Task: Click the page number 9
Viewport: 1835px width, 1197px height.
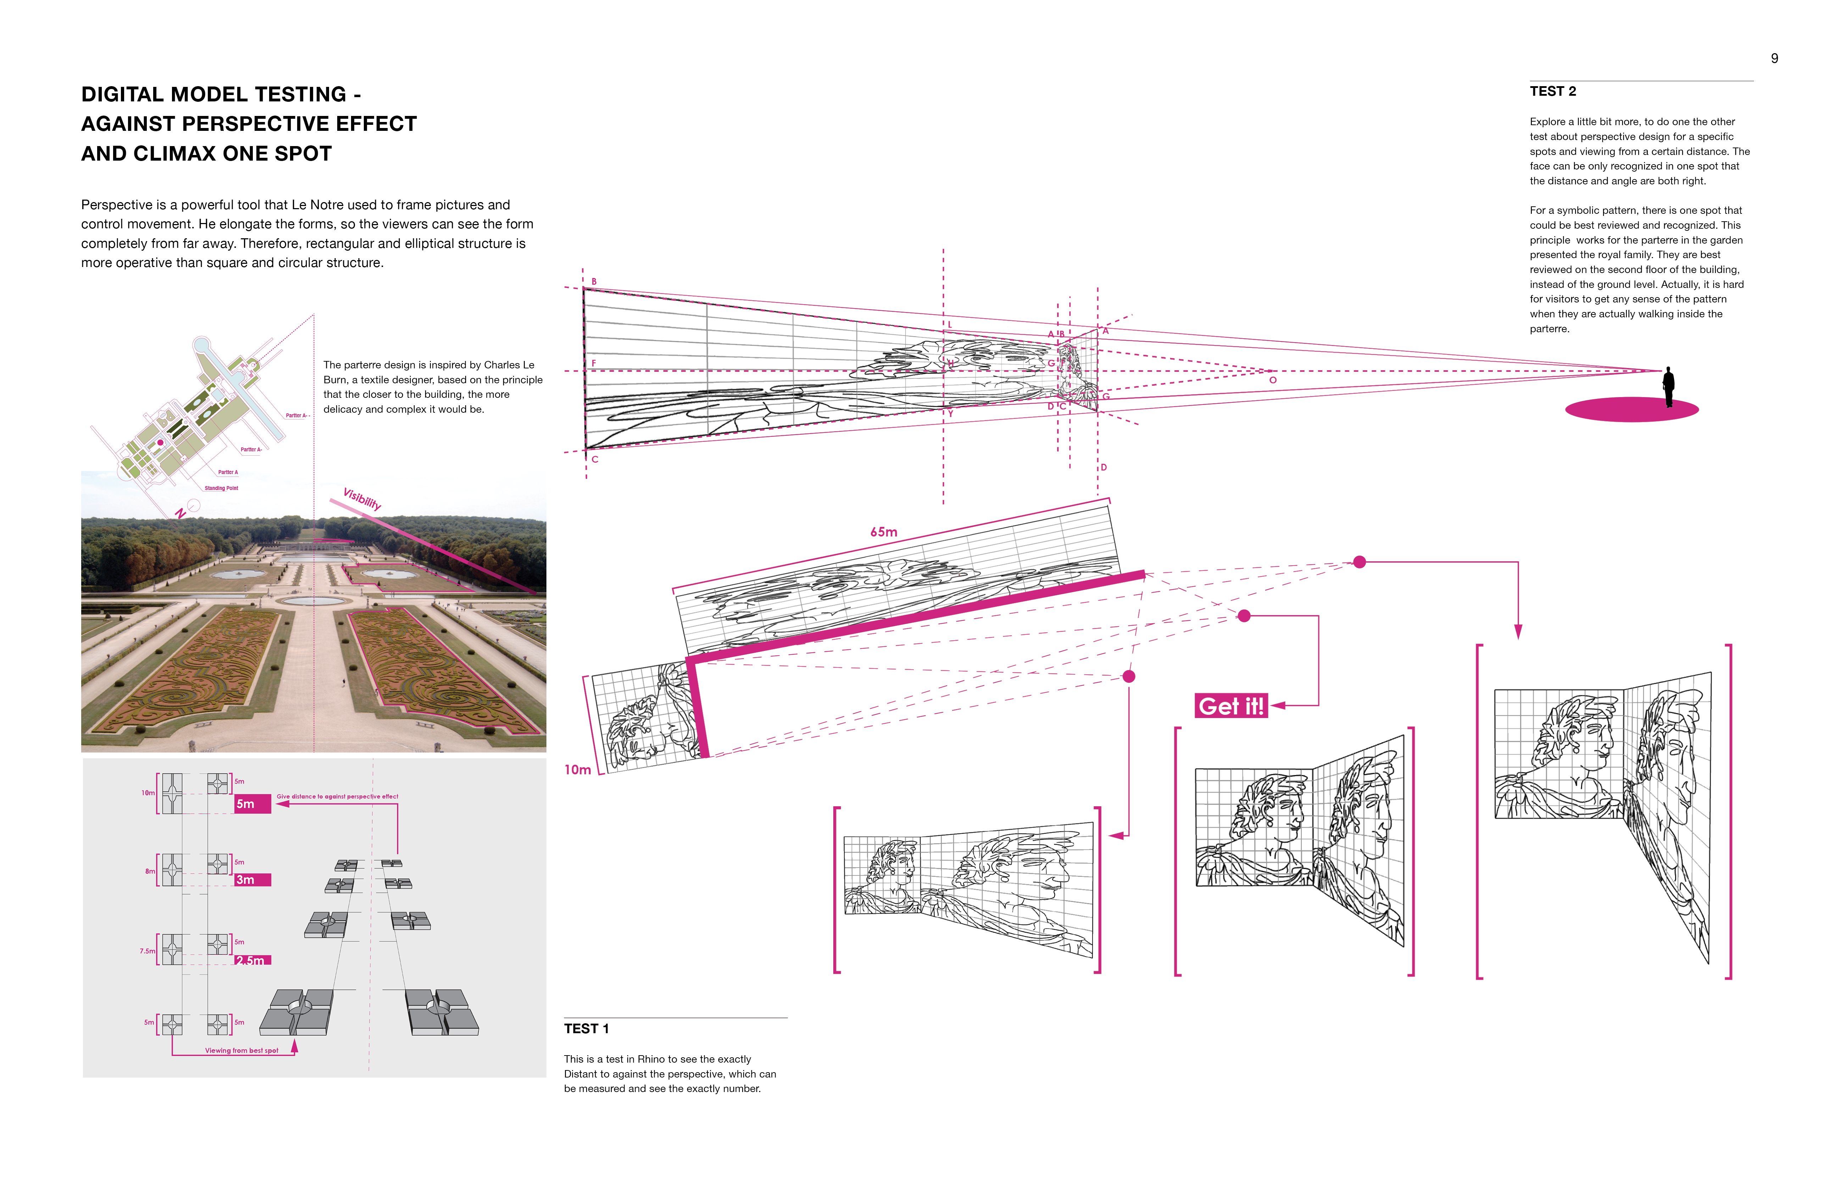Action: (x=1774, y=59)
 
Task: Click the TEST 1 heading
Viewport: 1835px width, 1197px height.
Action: (x=586, y=1028)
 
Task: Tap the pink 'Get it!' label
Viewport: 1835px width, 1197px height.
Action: (x=1230, y=706)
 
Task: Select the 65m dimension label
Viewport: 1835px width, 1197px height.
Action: (x=884, y=532)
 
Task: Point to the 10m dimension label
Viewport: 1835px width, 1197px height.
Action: (x=578, y=769)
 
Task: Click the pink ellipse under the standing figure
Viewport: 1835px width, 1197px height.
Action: (x=1631, y=409)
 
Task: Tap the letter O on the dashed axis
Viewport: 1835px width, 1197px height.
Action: (x=1273, y=380)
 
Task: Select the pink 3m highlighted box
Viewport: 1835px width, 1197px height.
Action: (x=252, y=879)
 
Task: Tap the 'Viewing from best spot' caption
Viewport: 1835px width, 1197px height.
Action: (x=241, y=1051)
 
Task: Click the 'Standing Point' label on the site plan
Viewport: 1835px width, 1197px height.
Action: (x=221, y=488)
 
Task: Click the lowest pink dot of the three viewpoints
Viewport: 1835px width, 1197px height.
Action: (x=1129, y=677)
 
